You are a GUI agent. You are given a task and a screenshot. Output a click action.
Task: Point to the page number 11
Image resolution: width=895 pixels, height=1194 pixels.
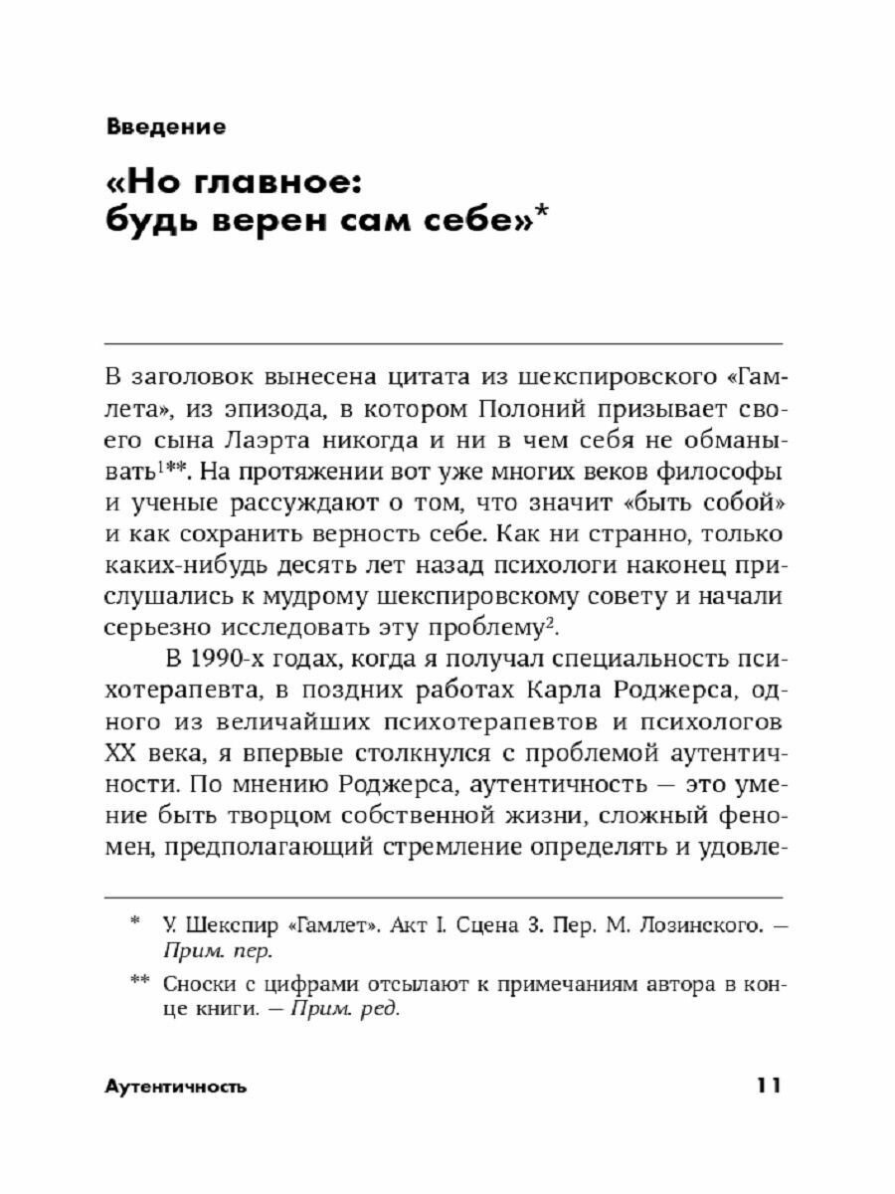pyautogui.click(x=768, y=1087)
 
